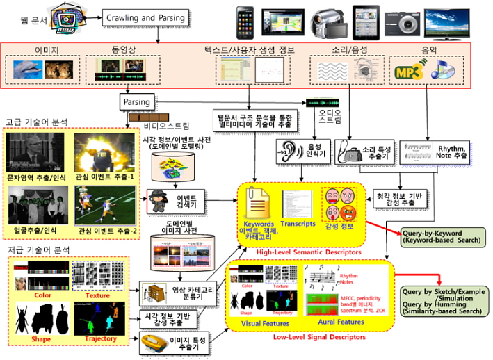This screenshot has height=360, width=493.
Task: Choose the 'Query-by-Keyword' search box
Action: [x=441, y=236]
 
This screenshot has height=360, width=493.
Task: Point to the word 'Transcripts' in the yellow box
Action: [x=299, y=224]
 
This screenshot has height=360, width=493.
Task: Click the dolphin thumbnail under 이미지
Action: [x=29, y=69]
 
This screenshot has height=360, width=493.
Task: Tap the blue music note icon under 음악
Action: [x=442, y=69]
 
